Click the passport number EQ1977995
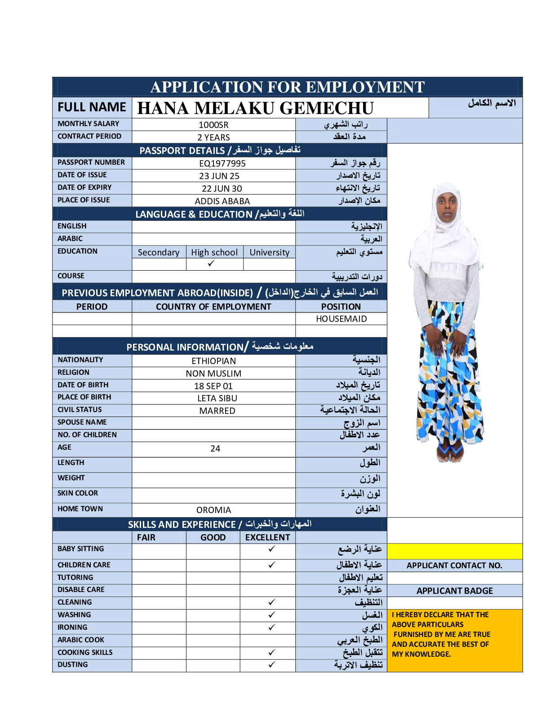[222, 163]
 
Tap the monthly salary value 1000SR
[213, 125]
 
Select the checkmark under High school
[211, 263]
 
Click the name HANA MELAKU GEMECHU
[255, 108]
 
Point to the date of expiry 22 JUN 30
[222, 189]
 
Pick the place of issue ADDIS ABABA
[222, 201]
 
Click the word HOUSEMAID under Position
[341, 319]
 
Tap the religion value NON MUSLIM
[213, 373]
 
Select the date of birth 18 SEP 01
[213, 386]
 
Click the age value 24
[215, 448]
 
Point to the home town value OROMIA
[213, 510]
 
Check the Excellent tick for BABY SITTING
[271, 549]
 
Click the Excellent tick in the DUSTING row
[271, 665]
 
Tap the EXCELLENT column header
[267, 537]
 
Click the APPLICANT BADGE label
[454, 591]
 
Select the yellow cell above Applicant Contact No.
[454, 551]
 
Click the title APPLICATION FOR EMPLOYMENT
[287, 87]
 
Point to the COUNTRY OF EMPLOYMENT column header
[213, 307]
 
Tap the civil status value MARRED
[217, 411]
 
